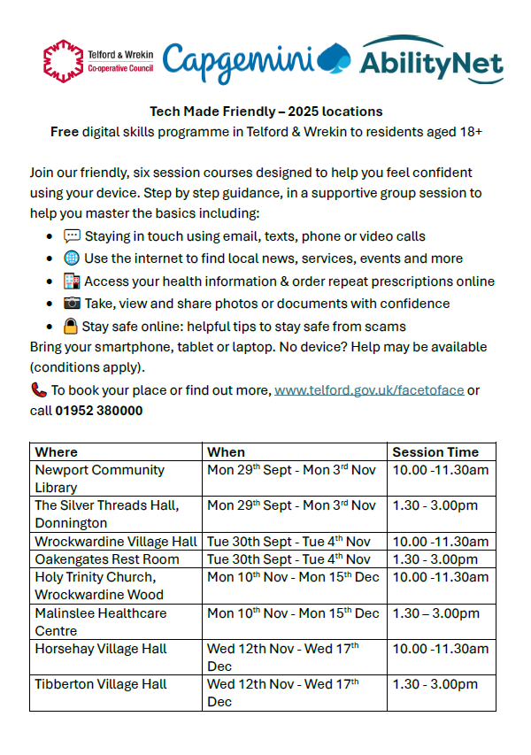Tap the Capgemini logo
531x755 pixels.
pyautogui.click(x=257, y=58)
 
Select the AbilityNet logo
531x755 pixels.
pyautogui.click(x=431, y=59)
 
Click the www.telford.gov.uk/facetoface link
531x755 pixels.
pyautogui.click(x=369, y=389)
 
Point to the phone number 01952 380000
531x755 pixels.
pyautogui.click(x=98, y=411)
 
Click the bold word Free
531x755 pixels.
pyautogui.click(x=65, y=132)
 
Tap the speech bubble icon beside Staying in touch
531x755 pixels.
pyautogui.click(x=72, y=236)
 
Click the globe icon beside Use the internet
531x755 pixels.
pyautogui.click(x=72, y=258)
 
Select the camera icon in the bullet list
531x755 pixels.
pyautogui.click(x=72, y=304)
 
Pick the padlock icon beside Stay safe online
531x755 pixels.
pyautogui.click(x=71, y=326)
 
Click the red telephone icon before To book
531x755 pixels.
pyautogui.click(x=38, y=389)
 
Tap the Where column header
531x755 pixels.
pyautogui.click(x=57, y=451)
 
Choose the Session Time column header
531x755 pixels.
pyautogui.click(x=435, y=451)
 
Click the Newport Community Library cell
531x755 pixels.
pyautogui.click(x=99, y=478)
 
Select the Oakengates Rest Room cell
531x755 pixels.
pyautogui.click(x=107, y=559)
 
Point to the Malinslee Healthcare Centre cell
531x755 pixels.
pyautogui.click(x=100, y=621)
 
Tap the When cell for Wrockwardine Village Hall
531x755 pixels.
pyautogui.click(x=289, y=541)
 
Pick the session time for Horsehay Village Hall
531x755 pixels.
pyautogui.click(x=440, y=649)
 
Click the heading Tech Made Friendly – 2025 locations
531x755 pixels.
pyautogui.click(x=265, y=112)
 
